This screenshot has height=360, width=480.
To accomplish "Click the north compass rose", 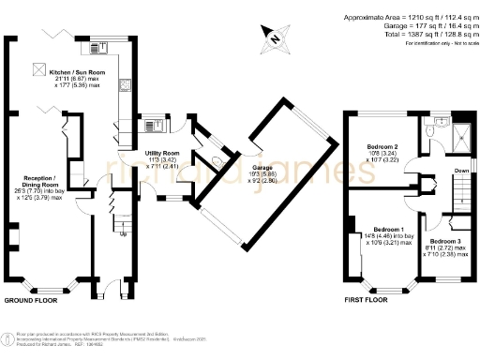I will [x=272, y=38].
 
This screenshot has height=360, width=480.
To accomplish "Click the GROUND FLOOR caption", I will [x=33, y=301].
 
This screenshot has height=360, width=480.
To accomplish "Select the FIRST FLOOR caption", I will [x=362, y=301].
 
